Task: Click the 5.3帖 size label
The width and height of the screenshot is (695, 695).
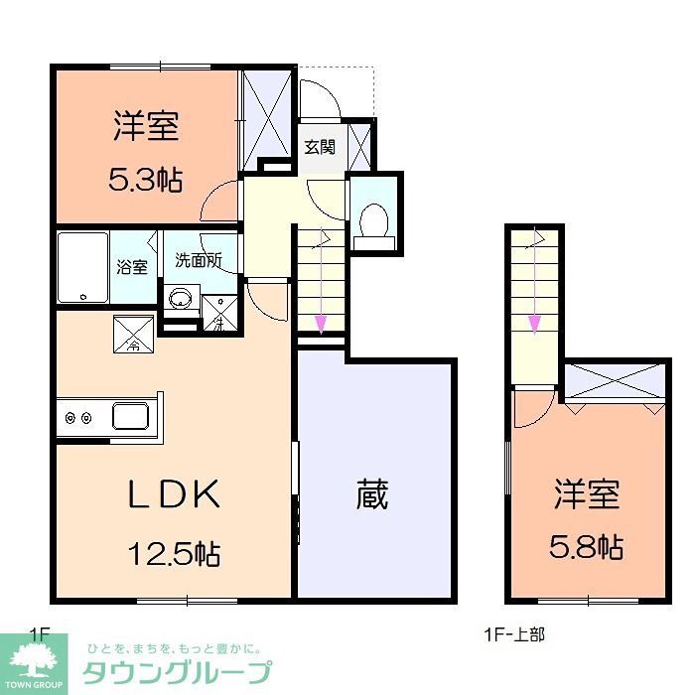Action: click(145, 180)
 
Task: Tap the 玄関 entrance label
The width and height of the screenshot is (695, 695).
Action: click(319, 147)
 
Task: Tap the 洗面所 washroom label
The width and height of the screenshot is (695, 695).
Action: click(198, 261)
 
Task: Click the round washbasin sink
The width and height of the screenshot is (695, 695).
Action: click(180, 298)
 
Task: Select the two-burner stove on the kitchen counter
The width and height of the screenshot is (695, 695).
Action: click(78, 418)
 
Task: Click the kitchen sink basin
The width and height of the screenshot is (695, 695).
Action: click(130, 416)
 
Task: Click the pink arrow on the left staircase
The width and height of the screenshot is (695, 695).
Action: click(322, 321)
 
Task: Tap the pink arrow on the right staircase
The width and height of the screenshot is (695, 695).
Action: click(534, 320)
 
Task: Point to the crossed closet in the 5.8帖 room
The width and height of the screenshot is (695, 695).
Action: click(613, 381)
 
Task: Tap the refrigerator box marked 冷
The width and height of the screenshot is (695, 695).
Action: click(133, 334)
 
